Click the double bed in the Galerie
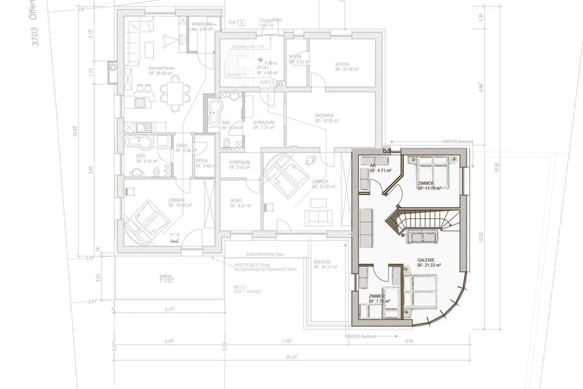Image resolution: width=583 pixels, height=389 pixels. tap(420, 292)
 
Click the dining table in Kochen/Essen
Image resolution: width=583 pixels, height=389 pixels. tap(175, 93)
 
